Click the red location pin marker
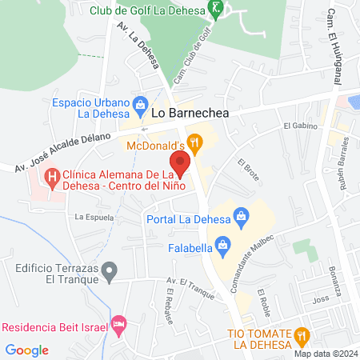(181, 163)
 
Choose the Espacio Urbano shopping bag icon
(141, 104)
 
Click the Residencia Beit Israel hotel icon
(119, 323)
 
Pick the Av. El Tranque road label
(182, 282)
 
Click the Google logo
(27, 350)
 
